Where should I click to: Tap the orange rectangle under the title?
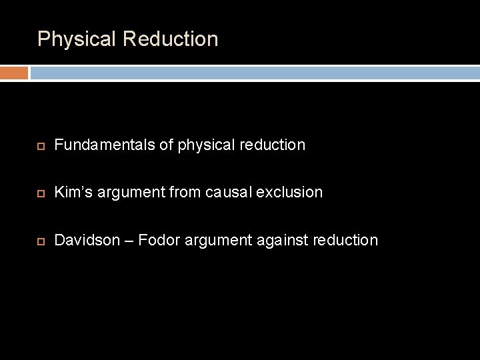point(14,73)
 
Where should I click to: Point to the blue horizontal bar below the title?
point(254,73)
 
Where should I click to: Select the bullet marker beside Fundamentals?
point(41,145)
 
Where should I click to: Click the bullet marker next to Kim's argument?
point(41,193)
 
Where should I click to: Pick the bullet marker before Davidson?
point(41,240)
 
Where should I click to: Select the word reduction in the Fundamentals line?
point(274,144)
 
